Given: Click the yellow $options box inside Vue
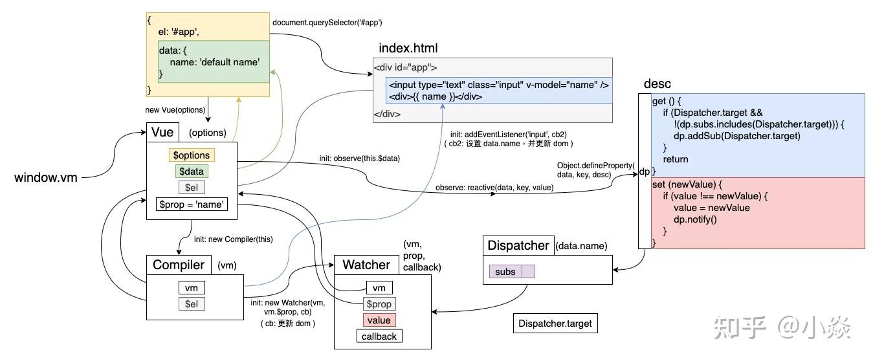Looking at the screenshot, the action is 192,155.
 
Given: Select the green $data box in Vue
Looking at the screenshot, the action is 192,171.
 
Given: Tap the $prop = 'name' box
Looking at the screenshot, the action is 192,204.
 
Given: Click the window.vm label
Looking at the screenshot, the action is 45,177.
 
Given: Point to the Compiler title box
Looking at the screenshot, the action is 179,265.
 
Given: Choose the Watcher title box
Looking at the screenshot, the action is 366,265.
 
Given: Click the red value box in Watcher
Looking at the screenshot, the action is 379,320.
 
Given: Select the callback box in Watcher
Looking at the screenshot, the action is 379,336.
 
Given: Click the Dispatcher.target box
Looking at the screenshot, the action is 555,324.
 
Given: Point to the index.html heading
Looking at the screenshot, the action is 408,48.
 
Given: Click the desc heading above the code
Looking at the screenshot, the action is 657,83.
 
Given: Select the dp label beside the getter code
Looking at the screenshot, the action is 644,171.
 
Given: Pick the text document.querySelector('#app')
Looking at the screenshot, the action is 327,23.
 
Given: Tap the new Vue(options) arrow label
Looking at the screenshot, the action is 175,110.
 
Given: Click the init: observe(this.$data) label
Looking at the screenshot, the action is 359,159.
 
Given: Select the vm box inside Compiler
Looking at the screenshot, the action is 192,288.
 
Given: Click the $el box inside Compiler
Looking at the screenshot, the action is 192,304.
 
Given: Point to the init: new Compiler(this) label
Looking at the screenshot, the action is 233,239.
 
